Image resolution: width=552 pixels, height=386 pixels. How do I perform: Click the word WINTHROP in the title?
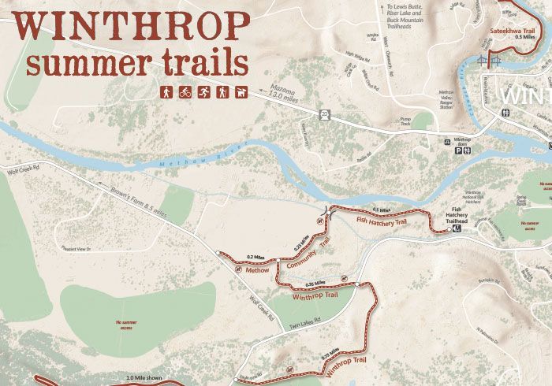pyautogui.click(x=132, y=26)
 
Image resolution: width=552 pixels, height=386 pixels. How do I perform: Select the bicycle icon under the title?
pyautogui.click(x=185, y=92)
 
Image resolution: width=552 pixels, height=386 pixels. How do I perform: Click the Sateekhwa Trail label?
pyautogui.click(x=513, y=31)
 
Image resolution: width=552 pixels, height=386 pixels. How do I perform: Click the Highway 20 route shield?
pyautogui.click(x=324, y=114)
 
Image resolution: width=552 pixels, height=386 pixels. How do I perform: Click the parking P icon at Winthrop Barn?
pyautogui.click(x=457, y=151)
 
